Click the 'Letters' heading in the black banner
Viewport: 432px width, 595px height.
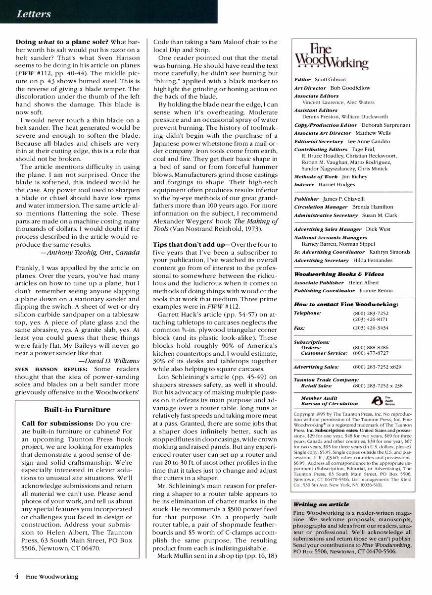pos(34,14)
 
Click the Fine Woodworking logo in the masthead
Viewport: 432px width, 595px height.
pos(331,57)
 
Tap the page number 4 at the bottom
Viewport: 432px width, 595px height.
pos(17,576)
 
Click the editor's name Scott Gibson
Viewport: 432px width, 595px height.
pos(331,79)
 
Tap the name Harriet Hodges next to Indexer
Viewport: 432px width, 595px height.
pos(337,184)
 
